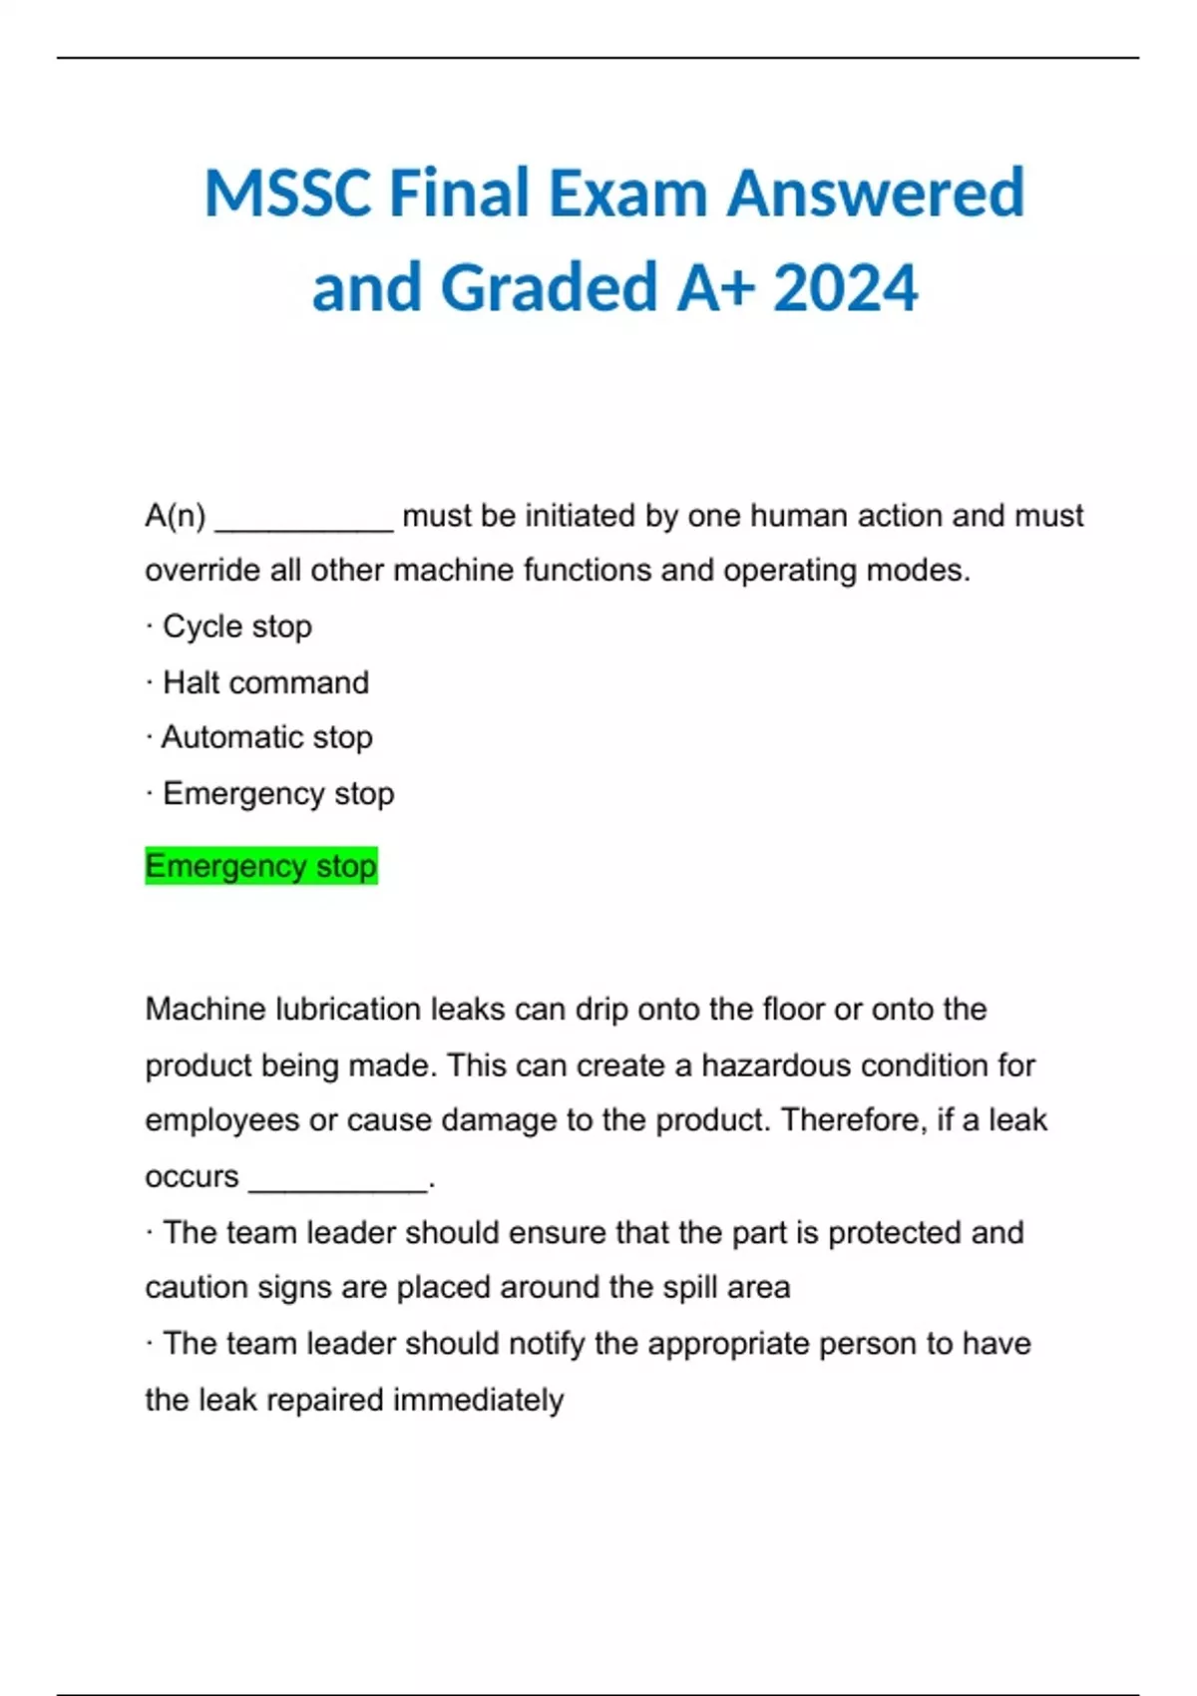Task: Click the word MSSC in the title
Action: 288,193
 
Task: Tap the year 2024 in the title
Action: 845,287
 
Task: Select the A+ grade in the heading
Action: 715,287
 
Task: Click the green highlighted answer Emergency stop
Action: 261,866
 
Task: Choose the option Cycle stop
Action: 237,627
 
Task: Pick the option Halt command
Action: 265,682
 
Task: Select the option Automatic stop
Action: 266,737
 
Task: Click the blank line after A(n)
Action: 304,519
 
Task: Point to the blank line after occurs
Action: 338,1179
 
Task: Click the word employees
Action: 221,1120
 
